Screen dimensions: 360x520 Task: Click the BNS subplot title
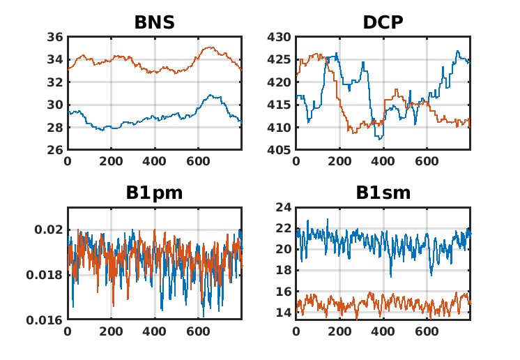pyautogui.click(x=154, y=23)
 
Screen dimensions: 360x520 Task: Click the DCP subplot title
pyautogui.click(x=383, y=23)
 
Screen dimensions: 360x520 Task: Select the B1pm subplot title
pyautogui.click(x=154, y=193)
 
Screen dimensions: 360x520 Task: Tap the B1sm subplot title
pyautogui.click(x=383, y=193)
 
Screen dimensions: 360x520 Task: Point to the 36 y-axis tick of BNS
pyautogui.click(x=55, y=37)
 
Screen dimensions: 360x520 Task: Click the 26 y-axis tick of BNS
pyautogui.click(x=55, y=150)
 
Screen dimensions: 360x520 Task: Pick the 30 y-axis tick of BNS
pyautogui.click(x=55, y=105)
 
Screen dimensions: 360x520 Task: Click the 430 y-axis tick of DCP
pyautogui.click(x=280, y=37)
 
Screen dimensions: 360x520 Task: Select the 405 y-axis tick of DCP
pyautogui.click(x=280, y=150)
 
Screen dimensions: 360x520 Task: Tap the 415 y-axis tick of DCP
pyautogui.click(x=280, y=105)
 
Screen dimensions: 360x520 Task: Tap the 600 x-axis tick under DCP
pyautogui.click(x=427, y=160)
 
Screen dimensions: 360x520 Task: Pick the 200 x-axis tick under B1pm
pyautogui.click(x=111, y=331)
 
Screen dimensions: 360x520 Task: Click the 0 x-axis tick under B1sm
pyautogui.click(x=296, y=331)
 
